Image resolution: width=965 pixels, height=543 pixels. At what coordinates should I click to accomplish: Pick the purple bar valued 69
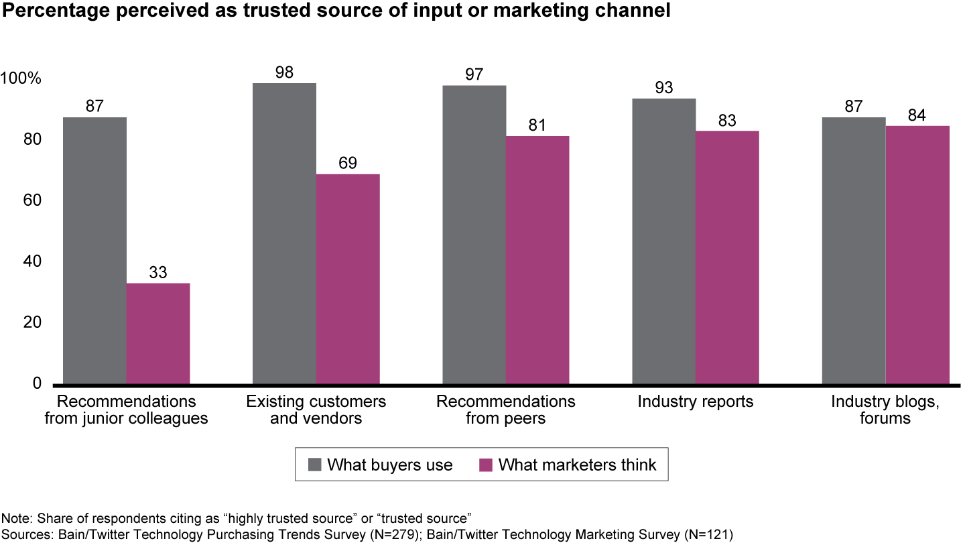coord(348,278)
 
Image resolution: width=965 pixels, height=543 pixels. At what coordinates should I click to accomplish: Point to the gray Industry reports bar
coord(664,241)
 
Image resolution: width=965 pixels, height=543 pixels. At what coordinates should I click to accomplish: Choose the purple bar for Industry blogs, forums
coord(917,254)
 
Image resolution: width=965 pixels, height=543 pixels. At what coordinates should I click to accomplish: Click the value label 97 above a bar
coord(474,74)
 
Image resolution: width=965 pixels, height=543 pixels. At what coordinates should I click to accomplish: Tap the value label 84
coord(917,115)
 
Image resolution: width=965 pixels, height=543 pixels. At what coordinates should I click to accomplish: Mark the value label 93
coord(664,88)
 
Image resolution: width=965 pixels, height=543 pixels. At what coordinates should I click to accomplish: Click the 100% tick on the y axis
coord(21,79)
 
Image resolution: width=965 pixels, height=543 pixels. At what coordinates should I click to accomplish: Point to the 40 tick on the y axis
coord(32,261)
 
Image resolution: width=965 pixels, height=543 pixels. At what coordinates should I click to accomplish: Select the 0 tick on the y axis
coord(37,383)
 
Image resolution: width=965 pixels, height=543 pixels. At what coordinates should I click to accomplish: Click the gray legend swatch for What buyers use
coord(314,465)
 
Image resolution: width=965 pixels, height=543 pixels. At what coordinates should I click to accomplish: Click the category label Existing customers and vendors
coord(316,410)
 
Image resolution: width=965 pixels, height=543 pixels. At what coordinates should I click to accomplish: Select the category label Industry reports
coord(696,402)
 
